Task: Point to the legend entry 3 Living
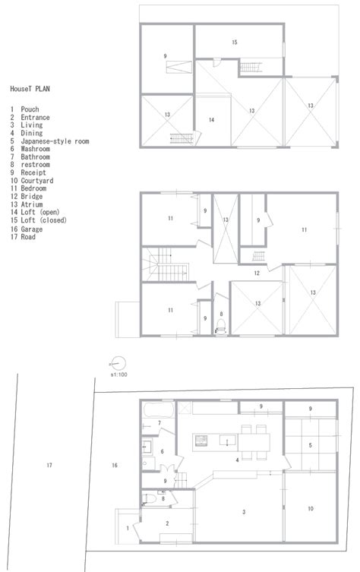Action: point(27,125)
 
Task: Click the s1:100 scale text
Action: point(118,374)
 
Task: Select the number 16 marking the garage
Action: point(113,464)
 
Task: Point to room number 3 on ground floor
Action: point(243,512)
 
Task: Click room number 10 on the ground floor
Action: point(311,507)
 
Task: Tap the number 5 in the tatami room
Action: point(310,446)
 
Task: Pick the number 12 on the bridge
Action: point(257,272)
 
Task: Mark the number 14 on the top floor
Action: point(211,120)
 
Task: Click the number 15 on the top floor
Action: point(235,42)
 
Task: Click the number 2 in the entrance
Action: point(168,523)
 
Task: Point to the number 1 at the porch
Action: point(126,528)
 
